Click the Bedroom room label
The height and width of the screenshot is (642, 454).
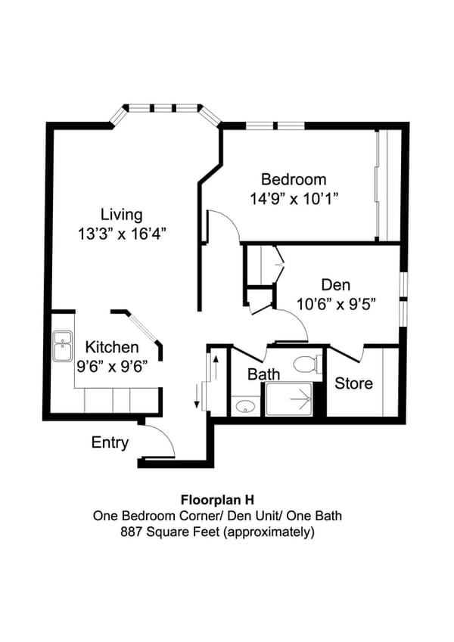click(294, 180)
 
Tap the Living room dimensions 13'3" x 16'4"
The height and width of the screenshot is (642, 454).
click(122, 234)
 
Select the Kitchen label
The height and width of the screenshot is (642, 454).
click(111, 348)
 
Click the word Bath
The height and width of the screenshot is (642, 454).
click(264, 374)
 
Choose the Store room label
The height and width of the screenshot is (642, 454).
click(354, 383)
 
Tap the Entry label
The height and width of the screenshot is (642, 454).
click(110, 443)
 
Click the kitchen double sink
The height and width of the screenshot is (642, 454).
click(62, 348)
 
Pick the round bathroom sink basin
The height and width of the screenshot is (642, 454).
click(244, 407)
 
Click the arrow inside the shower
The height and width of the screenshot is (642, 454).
click(300, 398)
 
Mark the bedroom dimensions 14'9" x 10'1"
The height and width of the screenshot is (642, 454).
click(294, 199)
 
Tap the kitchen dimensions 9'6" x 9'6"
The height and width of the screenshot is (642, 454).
click(111, 365)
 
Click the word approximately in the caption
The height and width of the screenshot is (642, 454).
click(274, 532)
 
